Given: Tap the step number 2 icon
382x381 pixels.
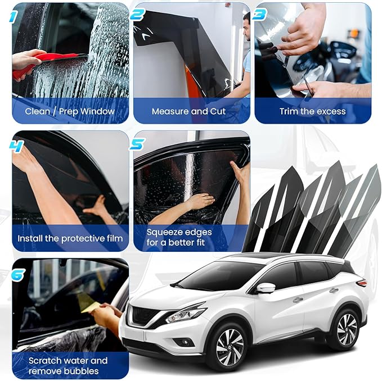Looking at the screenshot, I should [138, 15].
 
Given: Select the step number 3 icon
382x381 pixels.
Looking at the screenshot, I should [259, 15].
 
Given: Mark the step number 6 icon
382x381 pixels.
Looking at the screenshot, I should [17, 274].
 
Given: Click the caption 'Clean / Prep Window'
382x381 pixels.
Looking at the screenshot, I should [70, 111].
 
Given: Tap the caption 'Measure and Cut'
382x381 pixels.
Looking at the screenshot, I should [188, 111].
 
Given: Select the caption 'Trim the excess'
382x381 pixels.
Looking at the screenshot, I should [313, 111].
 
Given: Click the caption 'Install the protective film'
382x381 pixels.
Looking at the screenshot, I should [70, 238].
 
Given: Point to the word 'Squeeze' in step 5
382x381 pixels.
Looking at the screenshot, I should [164, 232].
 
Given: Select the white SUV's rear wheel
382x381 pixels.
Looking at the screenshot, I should [343, 327].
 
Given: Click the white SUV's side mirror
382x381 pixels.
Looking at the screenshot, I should [265, 288].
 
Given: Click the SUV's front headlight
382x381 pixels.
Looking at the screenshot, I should [185, 314].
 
